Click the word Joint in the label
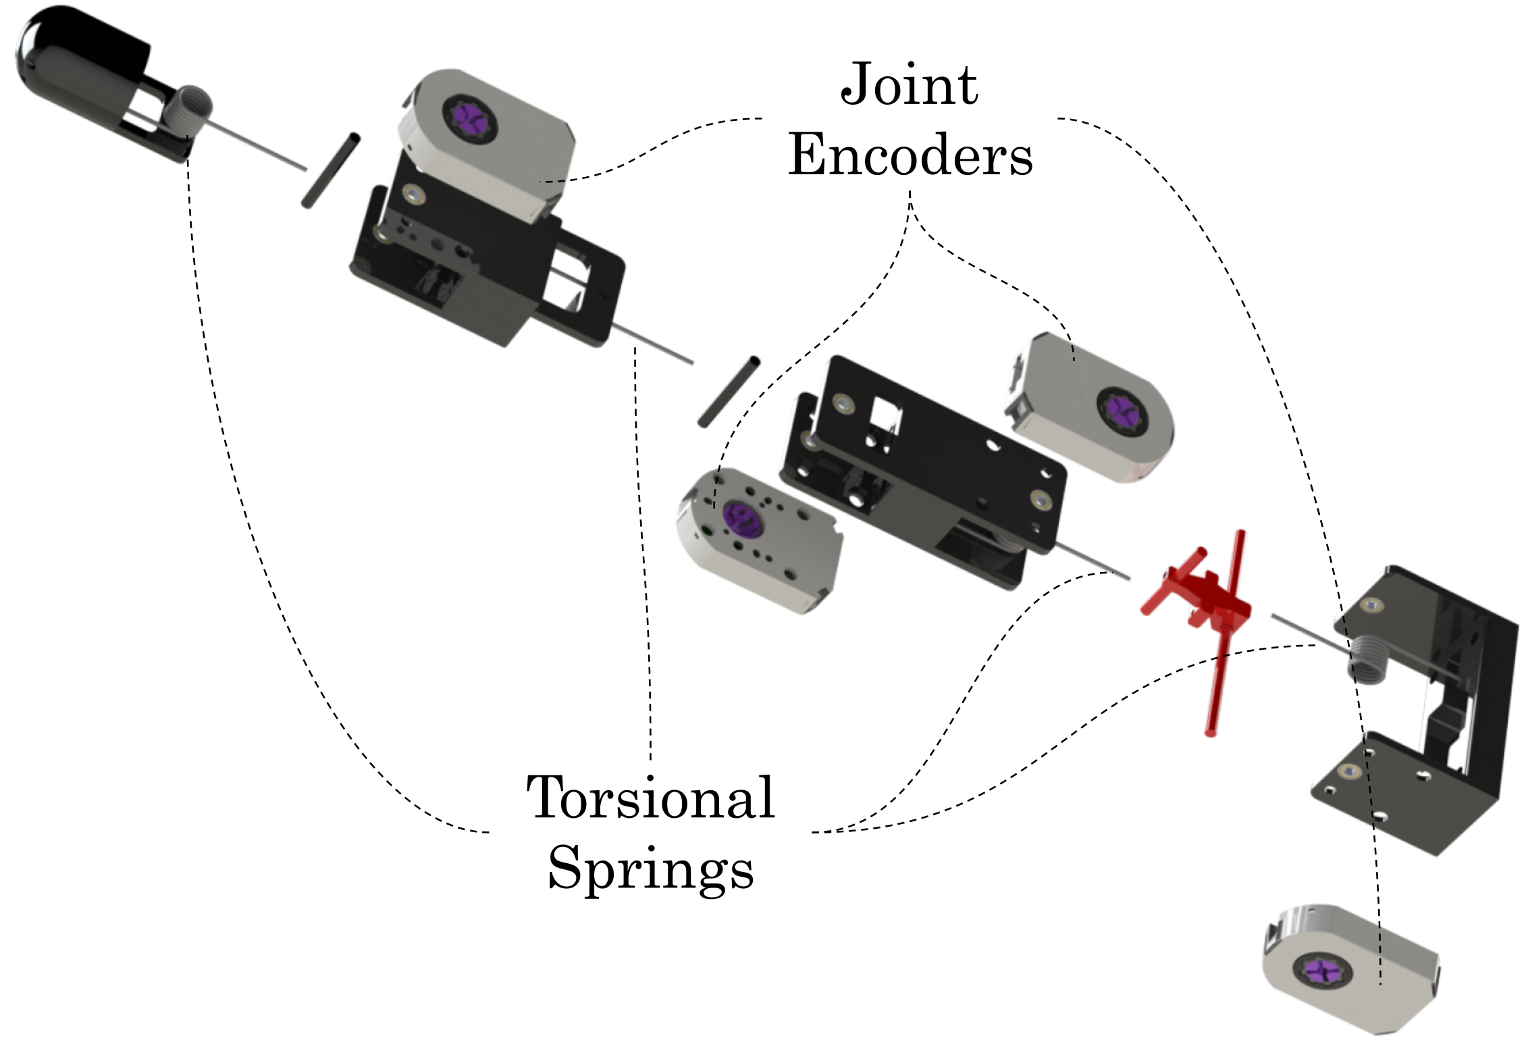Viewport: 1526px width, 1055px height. point(909,85)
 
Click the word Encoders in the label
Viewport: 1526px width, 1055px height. point(910,155)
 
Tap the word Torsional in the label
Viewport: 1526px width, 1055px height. point(650,798)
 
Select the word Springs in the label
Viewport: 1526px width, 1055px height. point(650,869)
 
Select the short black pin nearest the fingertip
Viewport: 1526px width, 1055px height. point(330,171)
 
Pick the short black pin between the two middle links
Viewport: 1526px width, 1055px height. point(729,392)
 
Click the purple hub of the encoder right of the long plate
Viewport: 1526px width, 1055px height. point(1120,409)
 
